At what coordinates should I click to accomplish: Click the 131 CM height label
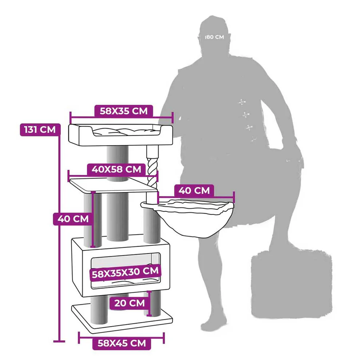40,130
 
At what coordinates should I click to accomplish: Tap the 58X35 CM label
124,111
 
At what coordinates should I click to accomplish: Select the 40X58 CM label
116,169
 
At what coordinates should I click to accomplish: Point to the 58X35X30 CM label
125,272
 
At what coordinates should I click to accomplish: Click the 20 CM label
130,303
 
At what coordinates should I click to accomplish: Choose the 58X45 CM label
122,344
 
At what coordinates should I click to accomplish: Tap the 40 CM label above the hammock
194,191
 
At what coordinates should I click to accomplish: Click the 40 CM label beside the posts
73,219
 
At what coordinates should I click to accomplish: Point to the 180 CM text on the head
215,37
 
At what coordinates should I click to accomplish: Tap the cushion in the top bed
126,132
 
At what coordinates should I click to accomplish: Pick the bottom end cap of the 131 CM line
59,341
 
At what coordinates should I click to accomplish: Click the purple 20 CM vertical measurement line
149,304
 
